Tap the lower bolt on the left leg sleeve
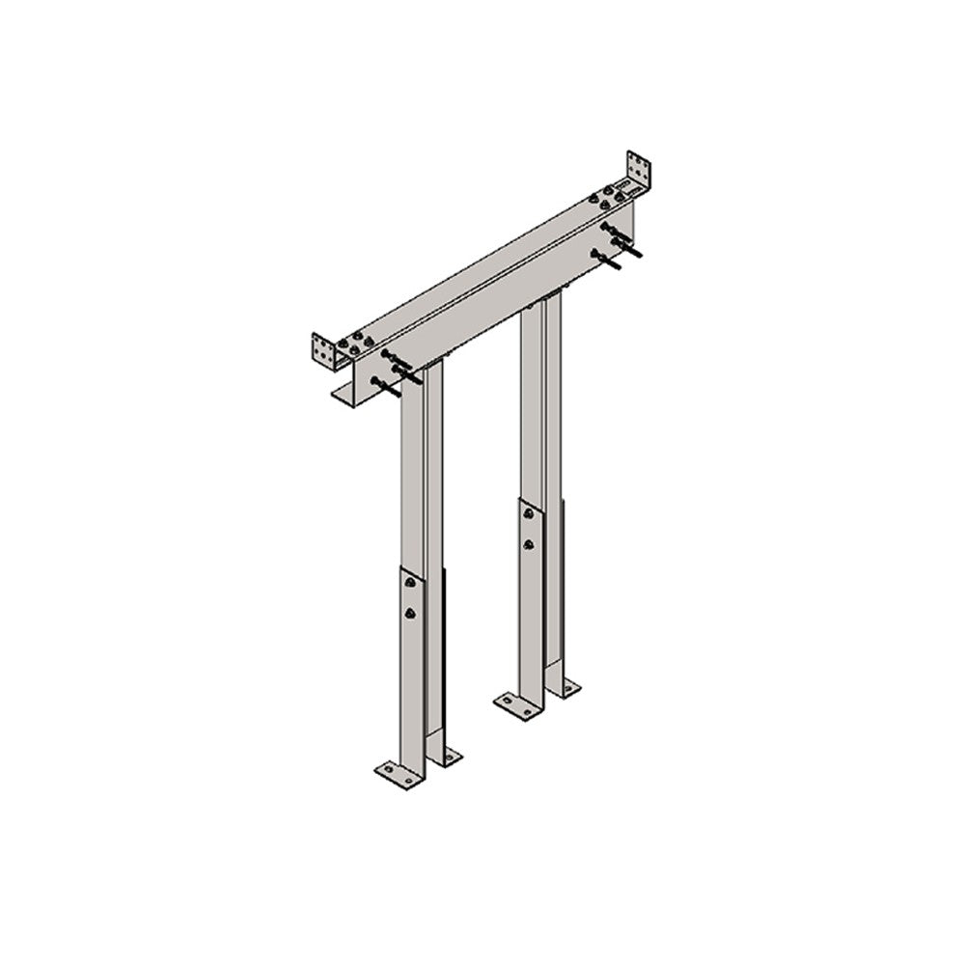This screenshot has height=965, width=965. (410, 613)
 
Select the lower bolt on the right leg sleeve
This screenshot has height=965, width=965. (527, 544)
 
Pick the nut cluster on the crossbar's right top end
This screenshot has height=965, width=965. (608, 199)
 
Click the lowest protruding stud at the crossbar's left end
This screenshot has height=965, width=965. (383, 388)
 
